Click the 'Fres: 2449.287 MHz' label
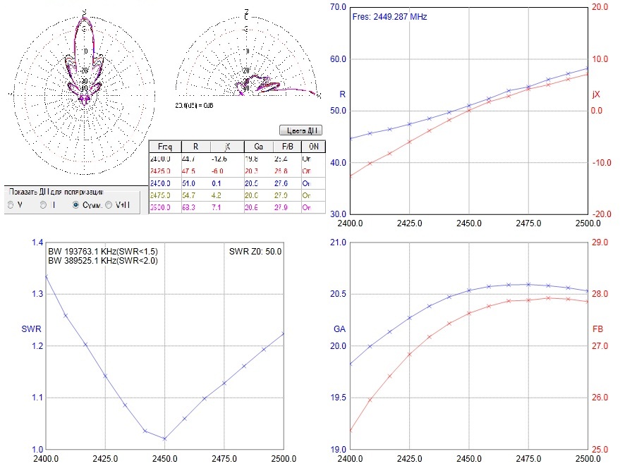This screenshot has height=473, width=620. [389, 16]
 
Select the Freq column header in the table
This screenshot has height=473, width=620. [165, 147]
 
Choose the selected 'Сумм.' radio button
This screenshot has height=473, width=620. [76, 205]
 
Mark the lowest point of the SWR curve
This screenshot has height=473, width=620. [164, 438]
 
